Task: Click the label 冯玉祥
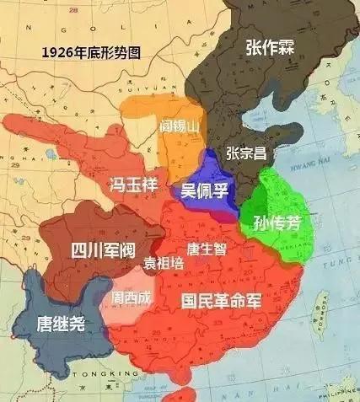134,185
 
